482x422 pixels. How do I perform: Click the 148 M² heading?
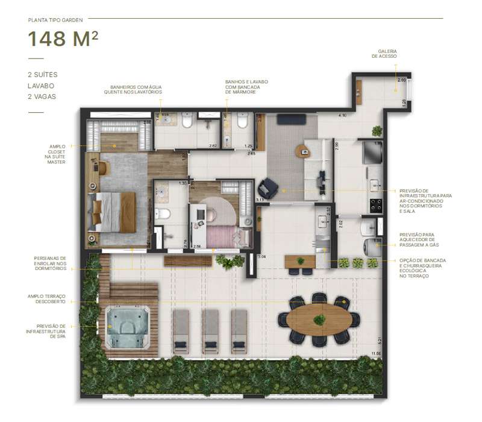(63, 40)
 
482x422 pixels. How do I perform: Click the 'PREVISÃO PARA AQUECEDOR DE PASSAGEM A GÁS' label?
(426, 241)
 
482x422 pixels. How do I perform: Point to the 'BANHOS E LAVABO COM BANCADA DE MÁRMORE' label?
(246, 88)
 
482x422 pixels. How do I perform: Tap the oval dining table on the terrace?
(318, 320)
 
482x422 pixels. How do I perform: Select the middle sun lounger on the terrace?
(210, 330)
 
